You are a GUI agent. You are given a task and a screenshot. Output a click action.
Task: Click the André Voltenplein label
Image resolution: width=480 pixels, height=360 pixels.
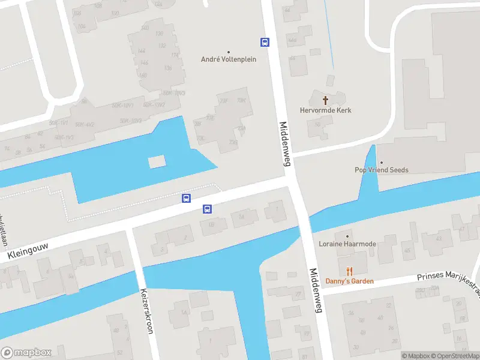pyautogui.click(x=229, y=59)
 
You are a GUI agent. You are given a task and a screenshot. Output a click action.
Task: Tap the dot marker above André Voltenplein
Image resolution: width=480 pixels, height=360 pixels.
pyautogui.click(x=229, y=52)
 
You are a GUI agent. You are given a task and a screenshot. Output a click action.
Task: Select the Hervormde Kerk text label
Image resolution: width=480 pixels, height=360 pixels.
pyautogui.click(x=326, y=110)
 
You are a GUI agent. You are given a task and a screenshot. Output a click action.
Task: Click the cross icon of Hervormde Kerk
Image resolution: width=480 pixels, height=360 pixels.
pyautogui.click(x=326, y=100)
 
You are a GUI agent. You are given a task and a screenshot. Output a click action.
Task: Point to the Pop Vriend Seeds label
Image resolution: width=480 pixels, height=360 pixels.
pyautogui.click(x=381, y=170)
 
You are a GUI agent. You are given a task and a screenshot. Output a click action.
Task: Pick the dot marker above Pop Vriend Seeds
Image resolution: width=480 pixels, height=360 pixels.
pyautogui.click(x=381, y=162)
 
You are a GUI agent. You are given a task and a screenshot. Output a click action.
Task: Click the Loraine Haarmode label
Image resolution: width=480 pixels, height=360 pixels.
pyautogui.click(x=347, y=245)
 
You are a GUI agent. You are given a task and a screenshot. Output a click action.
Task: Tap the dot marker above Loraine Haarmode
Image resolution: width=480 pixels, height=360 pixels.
pyautogui.click(x=347, y=236)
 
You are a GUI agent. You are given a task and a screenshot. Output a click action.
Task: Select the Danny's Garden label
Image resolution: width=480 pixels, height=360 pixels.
pyautogui.click(x=349, y=281)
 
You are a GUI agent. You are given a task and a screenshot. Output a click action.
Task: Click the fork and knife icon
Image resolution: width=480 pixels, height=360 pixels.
pyautogui.click(x=349, y=271)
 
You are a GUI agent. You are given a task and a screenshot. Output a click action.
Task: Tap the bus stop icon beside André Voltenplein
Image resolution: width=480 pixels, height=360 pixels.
pyautogui.click(x=265, y=42)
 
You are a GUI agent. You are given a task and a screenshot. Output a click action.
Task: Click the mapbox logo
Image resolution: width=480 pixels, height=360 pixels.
pyautogui.click(x=26, y=352)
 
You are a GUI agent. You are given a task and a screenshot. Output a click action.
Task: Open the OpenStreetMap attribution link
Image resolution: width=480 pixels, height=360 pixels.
pyautogui.click(x=455, y=356)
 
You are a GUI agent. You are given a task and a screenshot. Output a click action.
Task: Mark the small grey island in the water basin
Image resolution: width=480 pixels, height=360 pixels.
pyautogui.click(x=157, y=161)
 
